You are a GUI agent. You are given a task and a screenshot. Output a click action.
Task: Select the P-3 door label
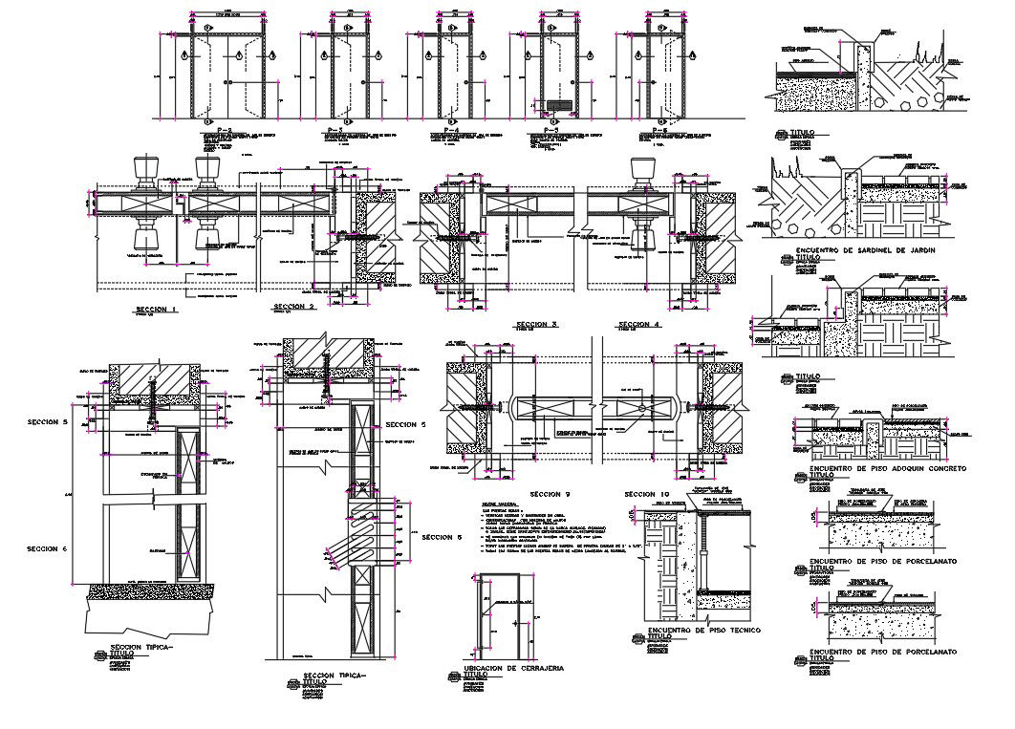[x=335, y=128]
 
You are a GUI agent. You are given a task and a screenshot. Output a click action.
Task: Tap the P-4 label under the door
[x=444, y=128]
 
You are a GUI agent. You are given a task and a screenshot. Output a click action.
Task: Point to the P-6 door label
[x=660, y=128]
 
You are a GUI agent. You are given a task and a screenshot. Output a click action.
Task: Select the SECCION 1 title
[x=157, y=310]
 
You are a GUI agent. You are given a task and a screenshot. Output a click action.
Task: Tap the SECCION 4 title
[x=638, y=325]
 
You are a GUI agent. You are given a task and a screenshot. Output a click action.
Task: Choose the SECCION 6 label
[x=49, y=548]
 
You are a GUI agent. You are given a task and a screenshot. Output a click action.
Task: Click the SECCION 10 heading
[x=646, y=493]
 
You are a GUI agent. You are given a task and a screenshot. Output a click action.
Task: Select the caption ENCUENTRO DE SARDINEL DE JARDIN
[x=864, y=249]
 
